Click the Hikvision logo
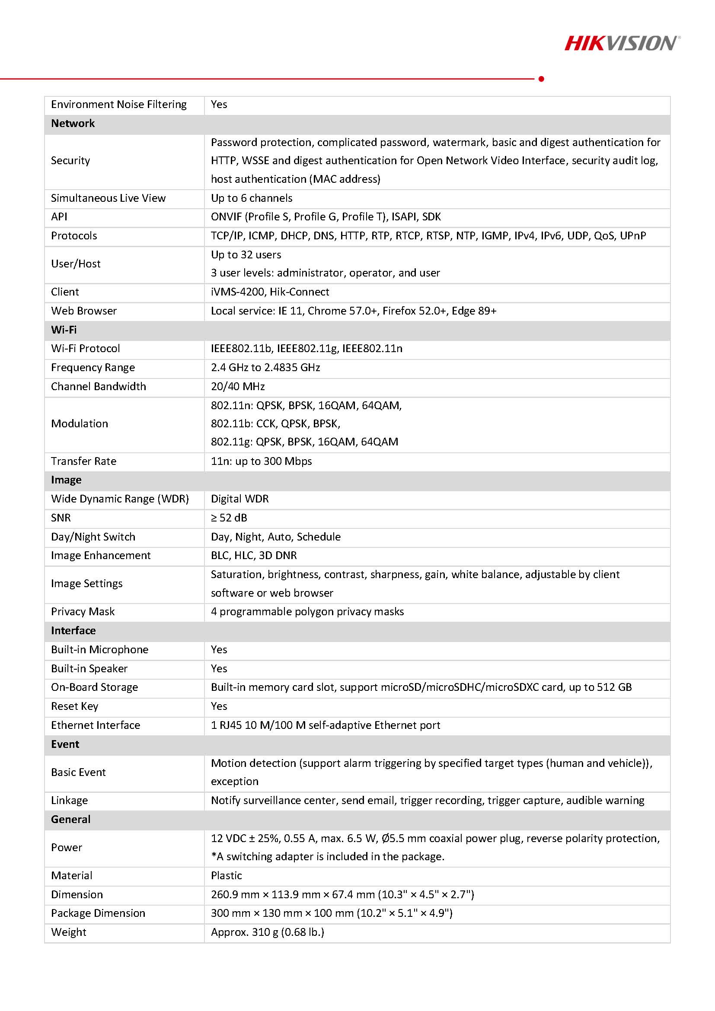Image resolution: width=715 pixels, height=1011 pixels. point(622,43)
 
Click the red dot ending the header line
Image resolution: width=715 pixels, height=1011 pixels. point(541,79)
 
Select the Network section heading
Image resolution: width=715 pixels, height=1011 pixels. point(73,123)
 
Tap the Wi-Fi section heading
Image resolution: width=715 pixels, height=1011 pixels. point(64,330)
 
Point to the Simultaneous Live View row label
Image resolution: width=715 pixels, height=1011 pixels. point(108,198)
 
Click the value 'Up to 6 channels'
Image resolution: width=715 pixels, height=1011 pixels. point(251,198)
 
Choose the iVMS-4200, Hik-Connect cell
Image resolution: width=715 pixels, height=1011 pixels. point(270,292)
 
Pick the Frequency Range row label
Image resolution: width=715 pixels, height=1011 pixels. point(93,368)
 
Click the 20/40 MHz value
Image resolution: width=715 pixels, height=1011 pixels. point(237,387)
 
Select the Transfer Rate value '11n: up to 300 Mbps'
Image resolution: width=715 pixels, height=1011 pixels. point(261,461)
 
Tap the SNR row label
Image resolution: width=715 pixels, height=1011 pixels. point(61,518)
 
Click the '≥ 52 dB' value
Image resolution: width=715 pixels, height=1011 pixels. point(229,518)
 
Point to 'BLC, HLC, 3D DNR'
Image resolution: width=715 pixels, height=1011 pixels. point(254,555)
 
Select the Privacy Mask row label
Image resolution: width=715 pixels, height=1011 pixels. point(83,612)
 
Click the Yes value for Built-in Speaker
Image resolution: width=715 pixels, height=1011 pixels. point(219,668)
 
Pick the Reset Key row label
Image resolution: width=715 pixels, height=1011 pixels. point(74,706)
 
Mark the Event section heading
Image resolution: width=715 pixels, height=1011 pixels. point(65,744)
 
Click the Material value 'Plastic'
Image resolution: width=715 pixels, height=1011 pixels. point(227,875)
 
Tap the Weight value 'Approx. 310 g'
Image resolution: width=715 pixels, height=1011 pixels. point(268,932)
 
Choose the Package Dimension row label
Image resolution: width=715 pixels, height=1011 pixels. point(98,913)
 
